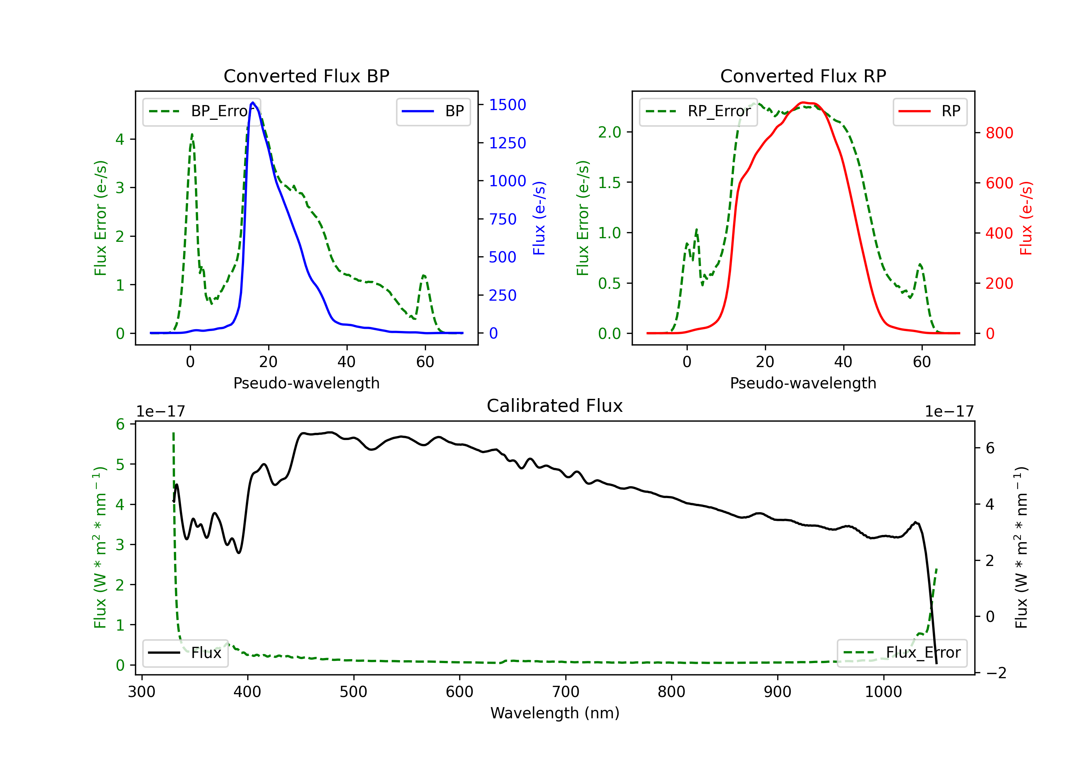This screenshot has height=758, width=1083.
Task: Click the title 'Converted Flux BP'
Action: point(306,76)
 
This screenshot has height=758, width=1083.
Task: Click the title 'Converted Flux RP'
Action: point(803,76)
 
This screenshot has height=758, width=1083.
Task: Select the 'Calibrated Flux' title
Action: point(555,406)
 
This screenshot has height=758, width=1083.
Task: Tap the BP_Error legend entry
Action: point(201,111)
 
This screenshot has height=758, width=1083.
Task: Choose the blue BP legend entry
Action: point(433,111)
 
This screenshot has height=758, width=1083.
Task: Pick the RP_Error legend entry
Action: point(698,111)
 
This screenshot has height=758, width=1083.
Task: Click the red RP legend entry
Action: point(930,111)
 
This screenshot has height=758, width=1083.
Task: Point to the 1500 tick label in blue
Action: point(508,105)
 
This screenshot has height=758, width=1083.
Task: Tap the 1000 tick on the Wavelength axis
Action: point(883,692)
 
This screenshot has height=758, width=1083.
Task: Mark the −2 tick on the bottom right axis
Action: point(996,672)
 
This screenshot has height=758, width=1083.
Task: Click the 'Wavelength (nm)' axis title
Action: point(555,713)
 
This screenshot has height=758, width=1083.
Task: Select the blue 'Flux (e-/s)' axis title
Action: point(539,218)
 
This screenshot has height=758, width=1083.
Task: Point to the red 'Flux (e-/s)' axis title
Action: point(1026,218)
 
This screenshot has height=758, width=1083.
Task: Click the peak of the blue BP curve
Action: point(253,103)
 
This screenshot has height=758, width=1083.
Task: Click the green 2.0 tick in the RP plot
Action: point(609,132)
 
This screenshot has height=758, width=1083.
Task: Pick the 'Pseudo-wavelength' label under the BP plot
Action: point(306,383)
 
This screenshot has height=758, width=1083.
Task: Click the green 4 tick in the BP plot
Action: point(120,139)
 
